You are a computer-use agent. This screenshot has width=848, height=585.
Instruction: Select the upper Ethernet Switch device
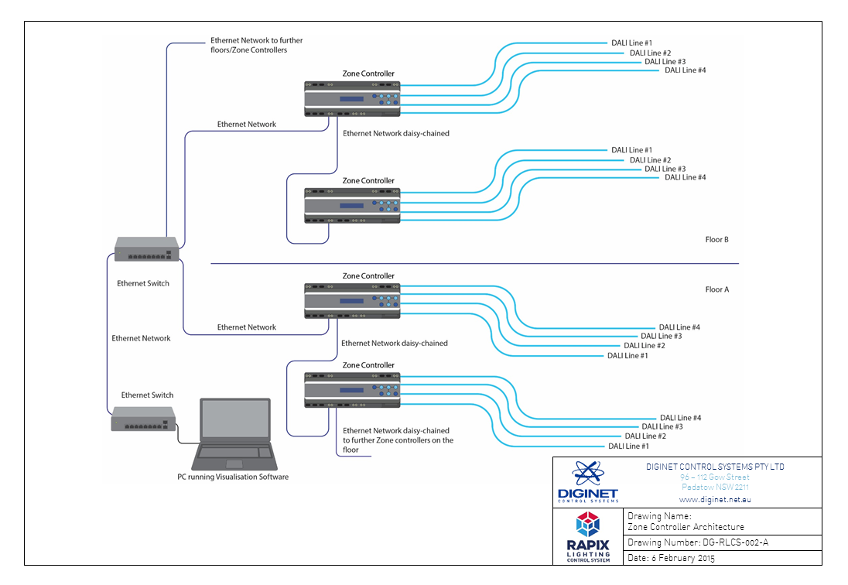point(147,248)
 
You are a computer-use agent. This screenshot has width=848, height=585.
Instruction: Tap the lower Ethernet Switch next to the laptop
point(142,419)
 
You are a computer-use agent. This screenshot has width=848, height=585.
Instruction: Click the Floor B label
point(716,240)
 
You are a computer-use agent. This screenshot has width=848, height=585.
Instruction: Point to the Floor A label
point(716,289)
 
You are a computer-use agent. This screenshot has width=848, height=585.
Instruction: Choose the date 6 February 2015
point(672,558)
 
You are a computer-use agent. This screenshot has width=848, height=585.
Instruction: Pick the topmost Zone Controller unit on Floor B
point(352,98)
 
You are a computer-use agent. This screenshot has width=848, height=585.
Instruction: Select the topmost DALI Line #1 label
point(632,43)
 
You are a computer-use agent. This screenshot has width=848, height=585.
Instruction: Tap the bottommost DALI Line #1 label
point(627,446)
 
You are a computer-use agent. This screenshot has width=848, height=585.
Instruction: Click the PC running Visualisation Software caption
point(233,477)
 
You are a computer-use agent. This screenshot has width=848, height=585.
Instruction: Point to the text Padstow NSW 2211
point(714,487)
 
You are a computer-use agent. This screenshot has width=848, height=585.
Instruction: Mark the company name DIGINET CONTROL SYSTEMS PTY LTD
point(714,467)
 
